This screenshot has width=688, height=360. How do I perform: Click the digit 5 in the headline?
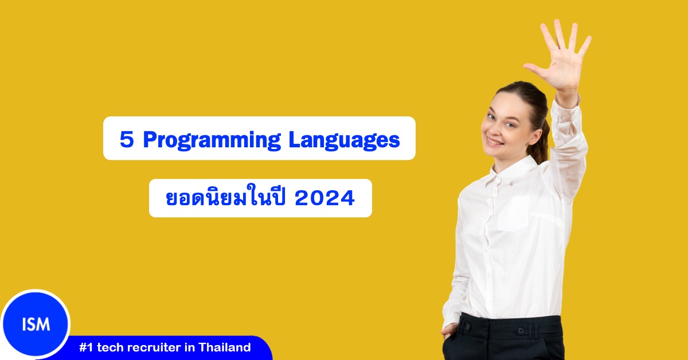tap(126, 139)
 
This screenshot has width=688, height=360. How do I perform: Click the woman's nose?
tap(492, 127)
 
